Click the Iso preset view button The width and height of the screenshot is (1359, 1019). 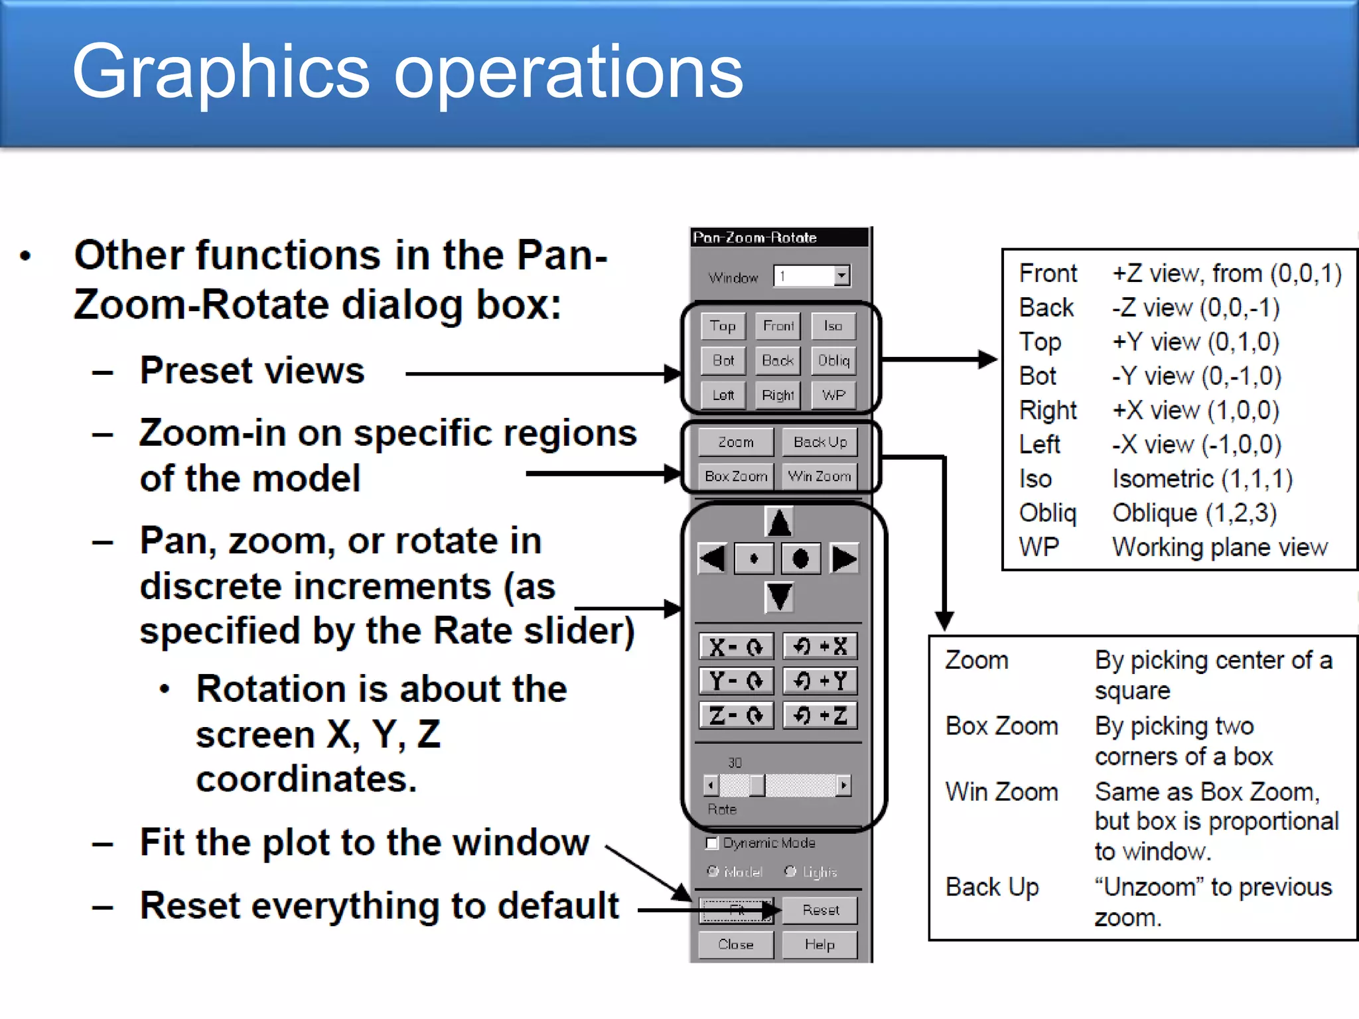pos(833,326)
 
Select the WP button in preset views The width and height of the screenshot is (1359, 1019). pos(833,395)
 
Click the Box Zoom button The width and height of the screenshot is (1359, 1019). pos(736,476)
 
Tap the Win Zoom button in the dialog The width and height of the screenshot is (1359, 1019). pos(820,476)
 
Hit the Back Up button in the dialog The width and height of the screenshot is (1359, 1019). pos(820,442)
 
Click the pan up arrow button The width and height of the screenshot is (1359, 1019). pos(779,522)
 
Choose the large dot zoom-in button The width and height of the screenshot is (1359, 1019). pos(800,559)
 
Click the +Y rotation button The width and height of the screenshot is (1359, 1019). pos(820,681)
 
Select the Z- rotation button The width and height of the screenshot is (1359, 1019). pos(736,715)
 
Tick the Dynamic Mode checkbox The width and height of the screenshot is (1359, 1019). pos(712,843)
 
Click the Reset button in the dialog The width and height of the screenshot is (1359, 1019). pos(820,910)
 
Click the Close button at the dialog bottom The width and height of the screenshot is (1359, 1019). pos(736,945)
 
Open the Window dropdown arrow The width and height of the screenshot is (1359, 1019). pos(841,275)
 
